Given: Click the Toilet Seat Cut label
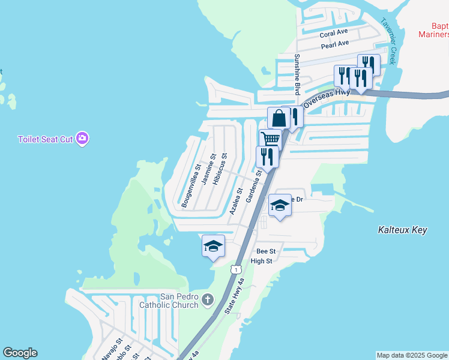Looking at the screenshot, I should click(45, 139).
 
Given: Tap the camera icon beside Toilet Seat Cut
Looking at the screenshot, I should click(82, 139).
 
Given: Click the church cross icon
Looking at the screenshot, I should click(207, 299).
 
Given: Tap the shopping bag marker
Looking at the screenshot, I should click(279, 118).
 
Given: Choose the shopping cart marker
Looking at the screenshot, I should click(271, 139).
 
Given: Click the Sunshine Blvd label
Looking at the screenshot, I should click(297, 74).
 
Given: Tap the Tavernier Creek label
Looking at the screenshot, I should click(388, 41).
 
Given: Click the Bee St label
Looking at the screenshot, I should click(265, 251).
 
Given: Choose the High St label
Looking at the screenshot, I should click(261, 261).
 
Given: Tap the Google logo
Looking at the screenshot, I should click(20, 353).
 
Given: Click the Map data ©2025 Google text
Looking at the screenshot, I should click(412, 355).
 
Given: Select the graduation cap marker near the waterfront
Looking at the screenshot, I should click(213, 246).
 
